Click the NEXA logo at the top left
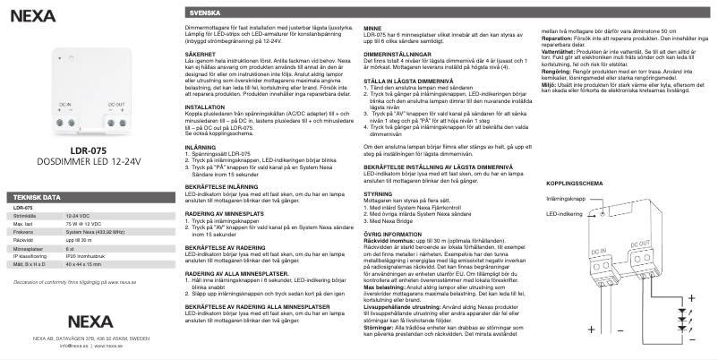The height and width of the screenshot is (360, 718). pos(27,16)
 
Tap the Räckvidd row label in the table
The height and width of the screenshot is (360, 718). pos(24,265)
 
